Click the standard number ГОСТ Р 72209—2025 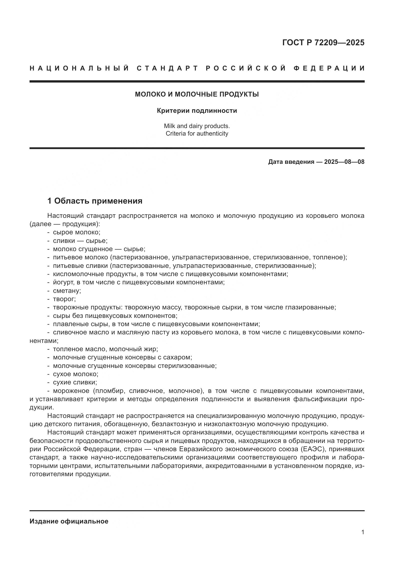click(x=323, y=43)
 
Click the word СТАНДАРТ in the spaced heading click(x=167, y=68)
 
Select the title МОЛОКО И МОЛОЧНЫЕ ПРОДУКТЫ click(x=197, y=95)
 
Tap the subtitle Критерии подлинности click(x=197, y=111)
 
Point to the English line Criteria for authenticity click(x=197, y=134)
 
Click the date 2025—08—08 click(x=344, y=162)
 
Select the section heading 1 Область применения click(x=95, y=201)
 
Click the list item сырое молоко click(x=77, y=232)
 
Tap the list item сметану click(x=67, y=291)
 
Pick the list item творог click(x=64, y=299)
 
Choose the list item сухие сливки click(x=75, y=382)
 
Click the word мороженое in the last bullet click(x=71, y=391)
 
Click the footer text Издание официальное click(x=69, y=521)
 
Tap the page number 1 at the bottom click(x=363, y=532)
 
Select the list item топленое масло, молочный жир click(x=105, y=349)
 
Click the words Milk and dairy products click(x=197, y=126)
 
